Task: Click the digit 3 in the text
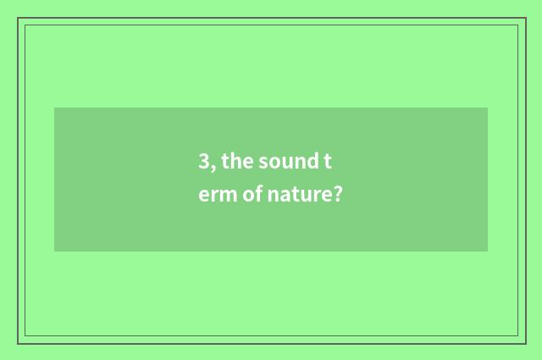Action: tap(204, 162)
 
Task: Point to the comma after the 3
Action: tap(213, 167)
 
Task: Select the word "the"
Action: tap(236, 162)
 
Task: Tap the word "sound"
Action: tap(288, 162)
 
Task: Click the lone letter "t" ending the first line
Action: tap(338, 162)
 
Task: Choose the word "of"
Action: tap(252, 195)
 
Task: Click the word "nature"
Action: tap(299, 196)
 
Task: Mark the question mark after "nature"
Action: tap(337, 195)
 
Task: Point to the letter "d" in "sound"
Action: tap(312, 161)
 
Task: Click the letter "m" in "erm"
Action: tap(230, 196)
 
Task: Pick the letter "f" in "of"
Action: tap(258, 194)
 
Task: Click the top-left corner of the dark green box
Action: tap(54, 108)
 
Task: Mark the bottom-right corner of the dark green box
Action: tap(488, 252)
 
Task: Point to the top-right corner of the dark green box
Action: tap(488, 108)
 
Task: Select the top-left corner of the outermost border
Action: tap(18, 18)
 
